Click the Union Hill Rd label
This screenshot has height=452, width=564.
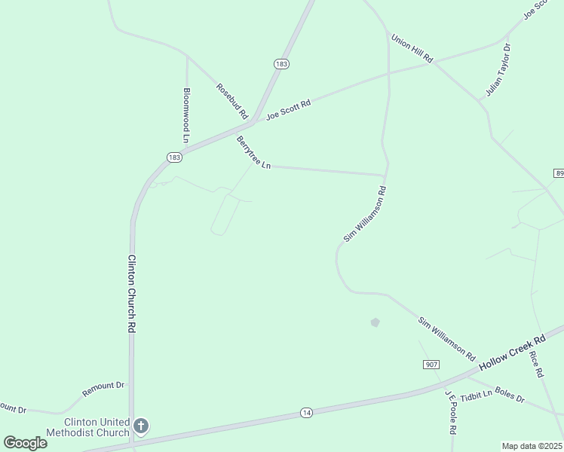click(412, 47)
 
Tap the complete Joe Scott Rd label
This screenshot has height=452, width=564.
click(289, 110)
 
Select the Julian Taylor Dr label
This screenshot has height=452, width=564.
click(498, 70)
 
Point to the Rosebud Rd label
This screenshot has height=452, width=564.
click(232, 101)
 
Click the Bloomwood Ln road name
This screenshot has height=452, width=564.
click(186, 115)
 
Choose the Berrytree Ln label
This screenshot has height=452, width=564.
click(253, 153)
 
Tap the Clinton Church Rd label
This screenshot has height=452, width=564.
click(131, 294)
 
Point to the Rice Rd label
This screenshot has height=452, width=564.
click(536, 364)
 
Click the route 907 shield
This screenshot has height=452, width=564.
click(431, 365)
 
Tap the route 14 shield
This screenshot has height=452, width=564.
click(306, 412)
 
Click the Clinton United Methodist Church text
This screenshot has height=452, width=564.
click(87, 427)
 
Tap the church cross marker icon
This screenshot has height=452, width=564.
click(140, 427)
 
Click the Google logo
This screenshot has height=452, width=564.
click(25, 443)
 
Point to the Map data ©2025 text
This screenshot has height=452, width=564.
click(532, 446)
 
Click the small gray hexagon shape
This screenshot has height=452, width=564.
click(375, 322)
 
